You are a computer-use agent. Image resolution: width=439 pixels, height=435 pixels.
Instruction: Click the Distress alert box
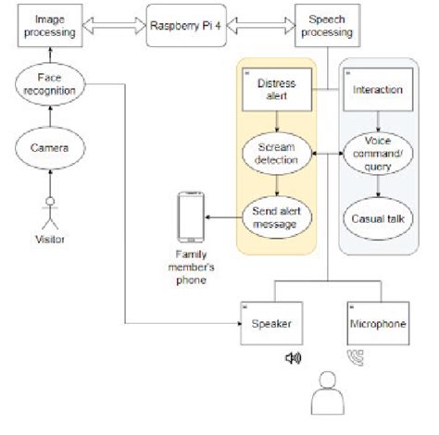(x=275, y=90)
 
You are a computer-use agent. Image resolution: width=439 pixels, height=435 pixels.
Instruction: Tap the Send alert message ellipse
(x=277, y=217)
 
